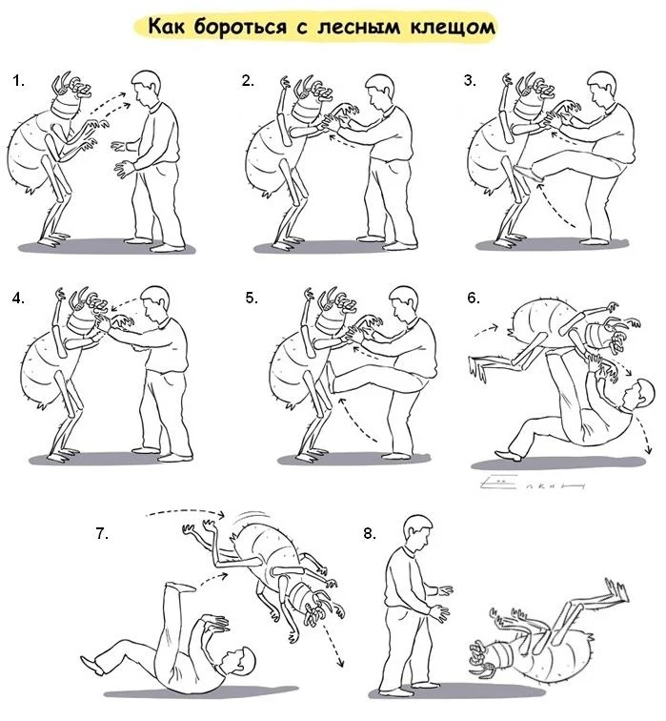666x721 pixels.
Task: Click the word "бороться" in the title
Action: (x=240, y=27)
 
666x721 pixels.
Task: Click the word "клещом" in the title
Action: (x=453, y=28)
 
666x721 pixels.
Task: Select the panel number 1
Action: (x=18, y=81)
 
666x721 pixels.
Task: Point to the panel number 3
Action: (x=470, y=80)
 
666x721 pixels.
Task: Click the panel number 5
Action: (x=252, y=298)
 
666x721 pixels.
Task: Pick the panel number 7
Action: (x=102, y=533)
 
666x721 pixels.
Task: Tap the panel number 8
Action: (x=370, y=533)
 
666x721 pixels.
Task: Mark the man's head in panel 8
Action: (x=417, y=532)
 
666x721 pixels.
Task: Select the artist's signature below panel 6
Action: (x=532, y=483)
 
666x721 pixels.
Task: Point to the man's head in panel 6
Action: (x=637, y=394)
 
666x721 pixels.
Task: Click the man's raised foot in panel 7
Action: (x=179, y=587)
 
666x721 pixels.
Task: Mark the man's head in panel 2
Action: (x=380, y=91)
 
